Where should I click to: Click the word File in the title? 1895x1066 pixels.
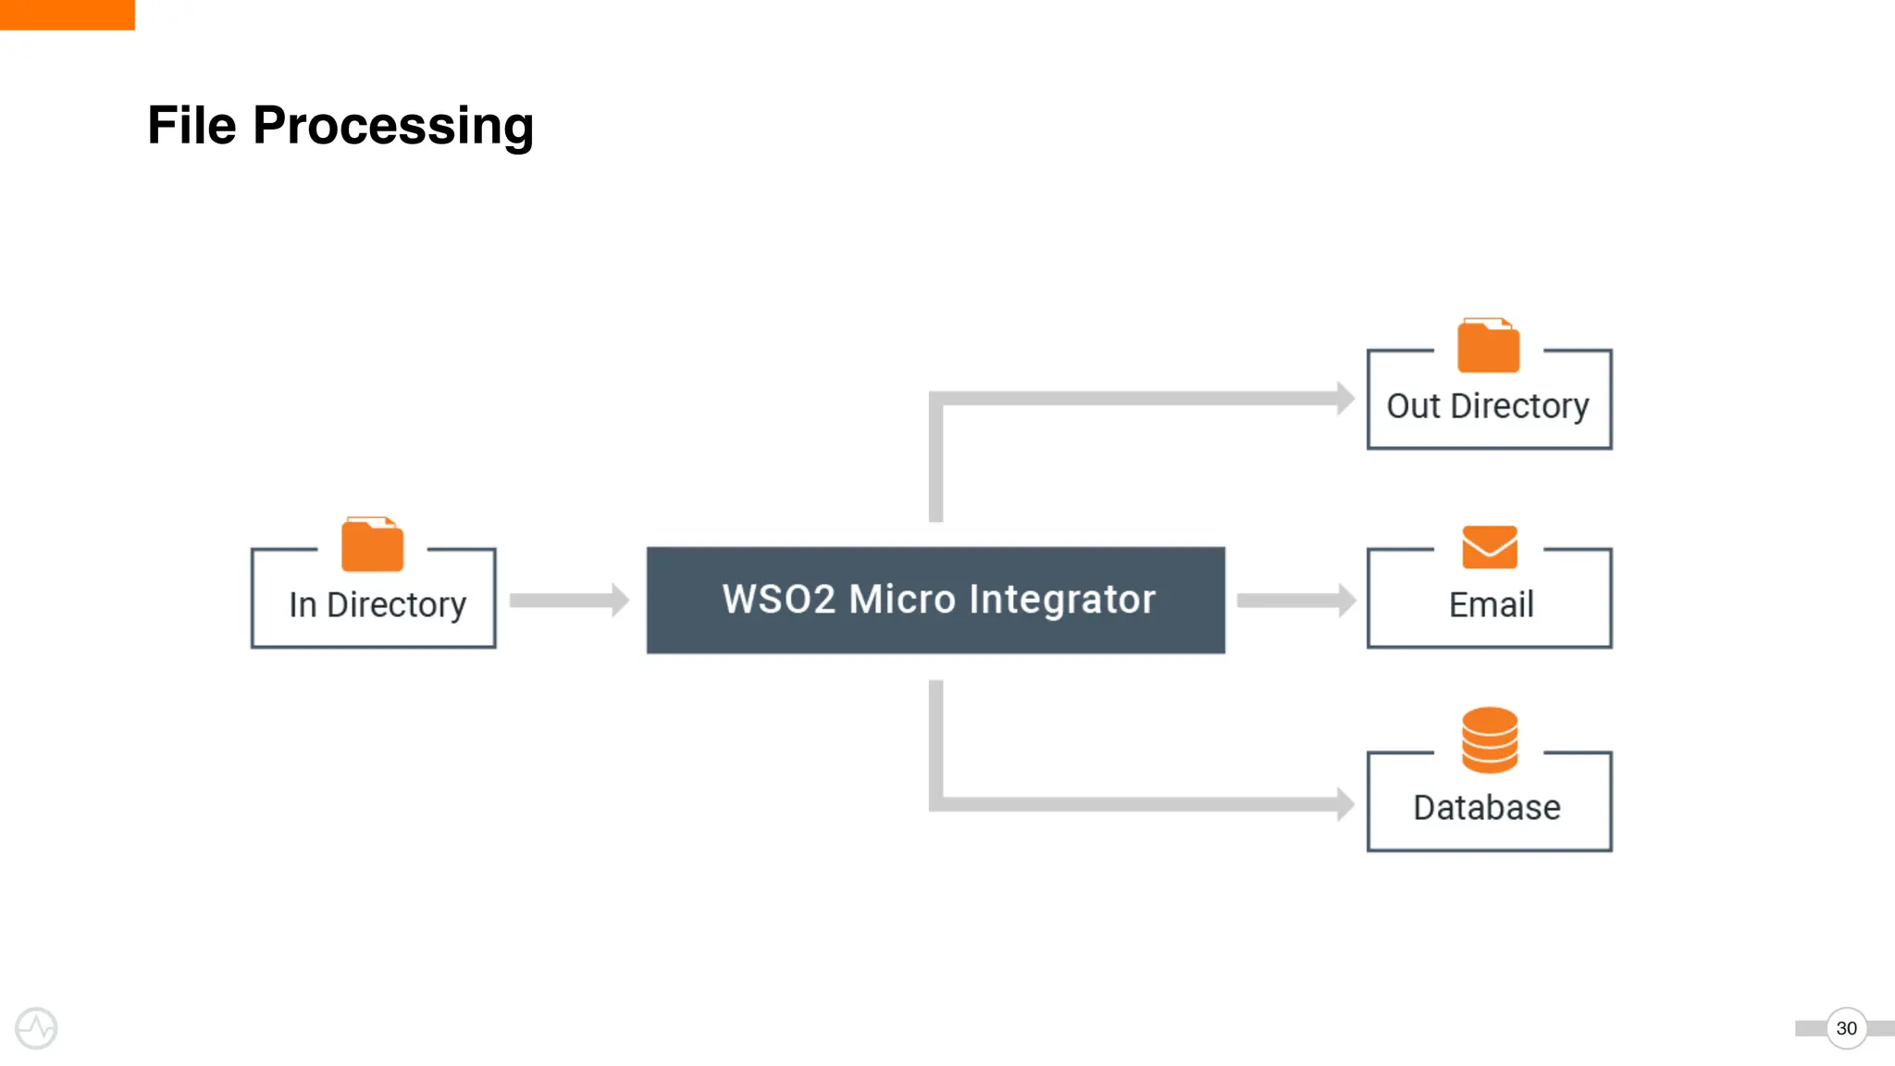[x=192, y=125]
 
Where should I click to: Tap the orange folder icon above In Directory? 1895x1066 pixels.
[x=372, y=545]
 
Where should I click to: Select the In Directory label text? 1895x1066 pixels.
[x=377, y=604]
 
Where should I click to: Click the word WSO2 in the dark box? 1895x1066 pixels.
[x=778, y=599]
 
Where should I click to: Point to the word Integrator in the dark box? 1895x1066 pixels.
[x=1062, y=599]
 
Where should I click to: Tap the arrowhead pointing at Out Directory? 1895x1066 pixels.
[x=1344, y=398]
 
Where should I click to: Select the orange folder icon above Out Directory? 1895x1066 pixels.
[x=1488, y=346]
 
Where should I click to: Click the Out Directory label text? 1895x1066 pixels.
[x=1487, y=405]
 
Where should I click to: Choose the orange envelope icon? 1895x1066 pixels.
[x=1489, y=547]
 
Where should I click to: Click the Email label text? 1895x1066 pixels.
[x=1490, y=604]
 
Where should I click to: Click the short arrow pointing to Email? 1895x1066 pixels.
[x=1295, y=600]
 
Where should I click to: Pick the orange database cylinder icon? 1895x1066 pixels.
[x=1489, y=739]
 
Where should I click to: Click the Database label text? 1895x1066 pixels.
[x=1486, y=807]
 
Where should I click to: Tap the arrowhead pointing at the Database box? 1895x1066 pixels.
[x=1344, y=803]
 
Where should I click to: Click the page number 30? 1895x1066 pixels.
[x=1846, y=1028]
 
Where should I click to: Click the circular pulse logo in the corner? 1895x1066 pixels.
[x=36, y=1028]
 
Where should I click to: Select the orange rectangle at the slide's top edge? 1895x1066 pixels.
[x=67, y=14]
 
